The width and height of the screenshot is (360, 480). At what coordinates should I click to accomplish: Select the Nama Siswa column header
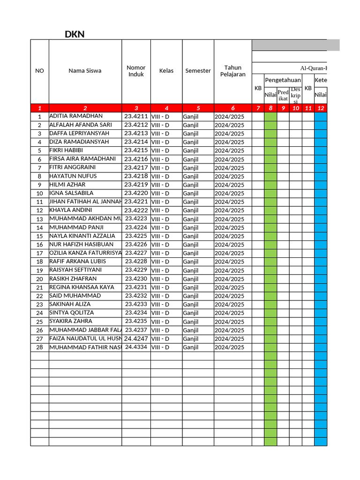click(x=85, y=71)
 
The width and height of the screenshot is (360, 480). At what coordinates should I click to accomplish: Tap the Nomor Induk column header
click(x=136, y=71)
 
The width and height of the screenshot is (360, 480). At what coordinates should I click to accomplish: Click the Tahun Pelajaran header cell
click(x=232, y=71)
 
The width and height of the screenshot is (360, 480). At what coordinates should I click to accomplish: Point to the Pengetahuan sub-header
click(x=283, y=80)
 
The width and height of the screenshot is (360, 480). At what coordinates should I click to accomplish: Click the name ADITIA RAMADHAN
click(x=75, y=116)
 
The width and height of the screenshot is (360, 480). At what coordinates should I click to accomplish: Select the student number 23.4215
click(x=136, y=150)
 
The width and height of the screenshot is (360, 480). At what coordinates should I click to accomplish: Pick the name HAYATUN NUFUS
click(x=73, y=176)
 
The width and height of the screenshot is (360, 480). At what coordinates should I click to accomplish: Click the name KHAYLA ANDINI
click(x=70, y=210)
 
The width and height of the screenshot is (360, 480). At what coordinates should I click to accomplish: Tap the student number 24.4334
click(x=136, y=347)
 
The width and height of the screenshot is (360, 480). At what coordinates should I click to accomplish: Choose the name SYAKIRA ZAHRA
click(x=70, y=321)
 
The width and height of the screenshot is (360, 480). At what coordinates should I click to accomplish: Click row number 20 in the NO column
click(x=40, y=279)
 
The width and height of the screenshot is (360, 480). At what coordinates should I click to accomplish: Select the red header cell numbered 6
click(x=232, y=108)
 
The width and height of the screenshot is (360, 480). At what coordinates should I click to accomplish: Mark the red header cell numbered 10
click(x=295, y=108)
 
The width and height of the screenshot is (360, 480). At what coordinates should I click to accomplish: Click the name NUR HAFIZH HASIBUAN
click(x=81, y=244)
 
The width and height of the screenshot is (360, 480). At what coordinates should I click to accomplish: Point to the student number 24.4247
click(x=136, y=338)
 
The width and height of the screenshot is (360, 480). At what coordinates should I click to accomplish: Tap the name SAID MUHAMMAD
click(x=75, y=295)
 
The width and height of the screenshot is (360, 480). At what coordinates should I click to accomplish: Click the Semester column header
click(x=198, y=71)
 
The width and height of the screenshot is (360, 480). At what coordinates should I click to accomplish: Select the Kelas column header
click(x=166, y=71)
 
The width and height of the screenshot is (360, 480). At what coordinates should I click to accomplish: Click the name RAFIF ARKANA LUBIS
click(x=77, y=261)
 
